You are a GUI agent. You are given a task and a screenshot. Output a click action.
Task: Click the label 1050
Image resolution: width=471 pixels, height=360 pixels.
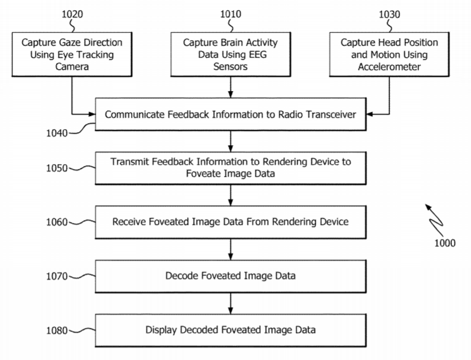tap(58, 168)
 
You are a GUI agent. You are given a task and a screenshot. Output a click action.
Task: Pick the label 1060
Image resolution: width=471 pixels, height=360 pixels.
tap(58, 222)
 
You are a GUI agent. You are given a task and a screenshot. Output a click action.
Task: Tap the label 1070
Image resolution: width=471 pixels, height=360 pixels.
tap(58, 276)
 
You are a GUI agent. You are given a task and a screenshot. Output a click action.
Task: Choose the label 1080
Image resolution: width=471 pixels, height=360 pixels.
tap(58, 330)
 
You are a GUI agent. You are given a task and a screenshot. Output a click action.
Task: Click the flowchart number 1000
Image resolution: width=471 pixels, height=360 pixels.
tap(445, 243)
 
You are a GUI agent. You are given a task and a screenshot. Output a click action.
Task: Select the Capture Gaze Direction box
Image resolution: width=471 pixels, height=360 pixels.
tap(71, 55)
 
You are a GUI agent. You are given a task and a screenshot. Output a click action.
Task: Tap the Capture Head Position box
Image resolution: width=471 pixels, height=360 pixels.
tap(389, 55)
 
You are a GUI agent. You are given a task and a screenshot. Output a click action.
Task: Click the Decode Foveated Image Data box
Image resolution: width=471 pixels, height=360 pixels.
tap(230, 276)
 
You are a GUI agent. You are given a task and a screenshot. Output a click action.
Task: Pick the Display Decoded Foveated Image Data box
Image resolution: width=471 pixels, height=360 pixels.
tap(230, 330)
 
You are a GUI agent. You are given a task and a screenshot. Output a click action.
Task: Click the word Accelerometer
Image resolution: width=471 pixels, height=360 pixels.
tap(389, 67)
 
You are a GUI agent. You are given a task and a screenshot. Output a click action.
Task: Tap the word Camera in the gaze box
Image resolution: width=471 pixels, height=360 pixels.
tap(71, 67)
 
